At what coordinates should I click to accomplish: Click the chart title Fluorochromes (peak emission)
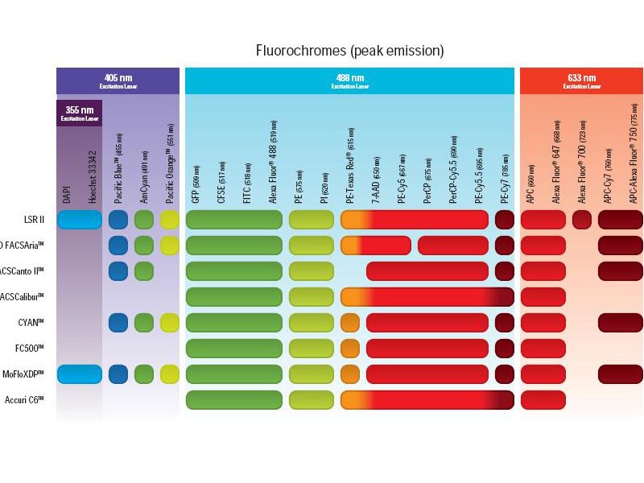(349, 51)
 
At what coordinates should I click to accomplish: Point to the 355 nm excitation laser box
(80, 113)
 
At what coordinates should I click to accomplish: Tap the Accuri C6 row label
(25, 400)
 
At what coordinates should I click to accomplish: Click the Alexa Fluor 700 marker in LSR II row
(582, 220)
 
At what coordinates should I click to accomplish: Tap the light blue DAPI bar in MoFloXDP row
(79, 374)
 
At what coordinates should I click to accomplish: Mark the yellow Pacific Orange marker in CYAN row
(169, 323)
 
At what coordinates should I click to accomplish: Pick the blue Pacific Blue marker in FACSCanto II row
(118, 271)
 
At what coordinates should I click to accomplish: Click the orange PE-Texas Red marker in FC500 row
(350, 349)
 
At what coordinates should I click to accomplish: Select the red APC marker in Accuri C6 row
(543, 400)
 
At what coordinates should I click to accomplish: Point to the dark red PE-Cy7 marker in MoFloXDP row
(505, 374)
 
